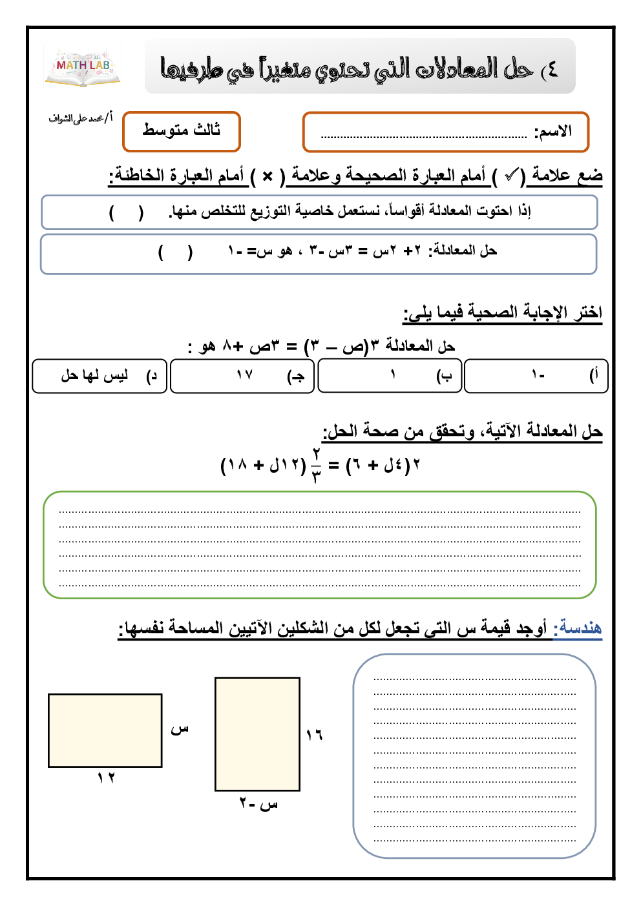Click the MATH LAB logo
pos(83,66)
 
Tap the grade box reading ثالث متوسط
pos(182,131)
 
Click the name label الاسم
pos(553,132)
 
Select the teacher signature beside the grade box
pos(80,118)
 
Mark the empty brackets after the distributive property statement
pos(127,212)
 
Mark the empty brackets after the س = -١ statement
pos(175,252)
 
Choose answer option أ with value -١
pos(536,376)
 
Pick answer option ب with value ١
pos(390,376)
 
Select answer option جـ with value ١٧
pos(242,376)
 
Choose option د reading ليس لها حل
pos(100,376)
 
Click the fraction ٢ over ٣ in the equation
pos(316,465)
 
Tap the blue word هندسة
pos(580,627)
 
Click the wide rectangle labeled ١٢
pos(105,730)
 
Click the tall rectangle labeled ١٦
pos(257,734)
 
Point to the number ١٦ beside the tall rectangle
pos(314,735)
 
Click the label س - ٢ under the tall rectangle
pos(258,804)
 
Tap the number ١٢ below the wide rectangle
pos(106,777)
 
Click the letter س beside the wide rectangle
pos(179,729)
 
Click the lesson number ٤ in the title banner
pos(551,69)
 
